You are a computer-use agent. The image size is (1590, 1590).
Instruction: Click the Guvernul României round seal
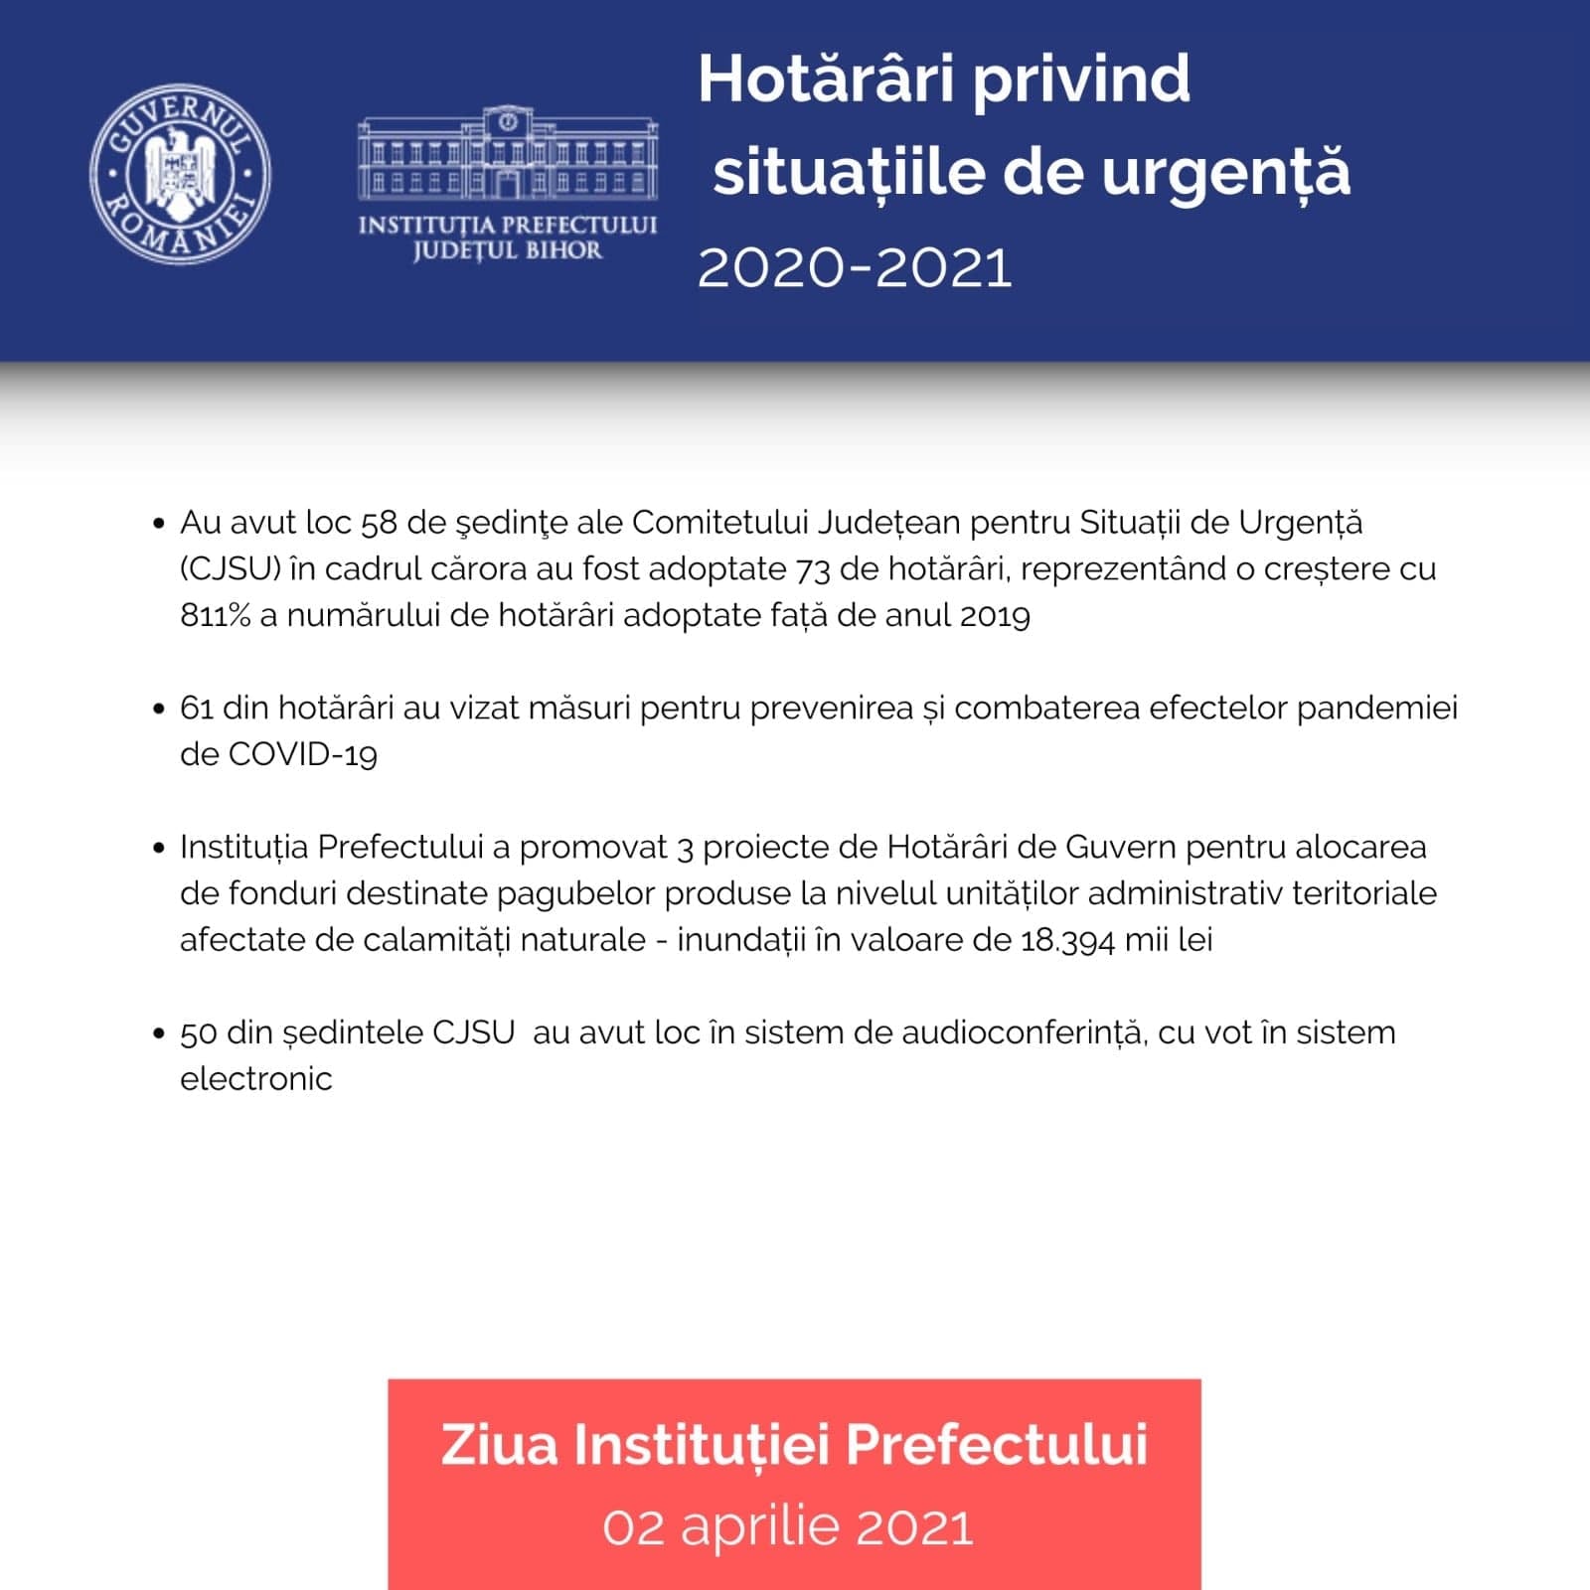point(180,175)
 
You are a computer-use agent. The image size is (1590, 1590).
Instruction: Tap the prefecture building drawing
point(507,154)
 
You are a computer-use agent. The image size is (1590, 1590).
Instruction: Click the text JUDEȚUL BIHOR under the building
point(507,250)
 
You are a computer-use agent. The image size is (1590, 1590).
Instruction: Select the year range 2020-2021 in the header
point(855,268)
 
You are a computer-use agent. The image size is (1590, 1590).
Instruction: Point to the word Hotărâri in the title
point(827,79)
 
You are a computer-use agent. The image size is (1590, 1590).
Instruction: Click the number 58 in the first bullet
point(379,523)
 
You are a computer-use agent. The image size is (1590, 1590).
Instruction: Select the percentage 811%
point(215,616)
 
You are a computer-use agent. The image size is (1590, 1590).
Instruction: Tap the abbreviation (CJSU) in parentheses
point(231,569)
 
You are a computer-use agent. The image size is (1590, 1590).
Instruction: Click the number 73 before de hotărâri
point(812,569)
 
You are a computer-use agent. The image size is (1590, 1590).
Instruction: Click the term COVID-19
point(303,755)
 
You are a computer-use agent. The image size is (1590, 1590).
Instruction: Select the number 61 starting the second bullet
point(196,709)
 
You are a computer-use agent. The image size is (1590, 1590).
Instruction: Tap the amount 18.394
point(1067,940)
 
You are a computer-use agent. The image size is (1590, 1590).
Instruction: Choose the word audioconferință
point(1025,1033)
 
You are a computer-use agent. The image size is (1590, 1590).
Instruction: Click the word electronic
point(255,1079)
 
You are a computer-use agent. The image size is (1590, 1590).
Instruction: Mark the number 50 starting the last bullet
point(198,1033)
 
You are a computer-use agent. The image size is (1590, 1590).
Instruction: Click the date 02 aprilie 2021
point(788,1527)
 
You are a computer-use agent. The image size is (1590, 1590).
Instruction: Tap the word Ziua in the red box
point(499,1445)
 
